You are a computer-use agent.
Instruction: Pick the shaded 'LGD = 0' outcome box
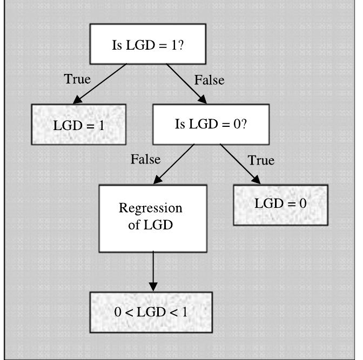[x=280, y=205]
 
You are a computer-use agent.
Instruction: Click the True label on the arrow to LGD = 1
[x=77, y=79]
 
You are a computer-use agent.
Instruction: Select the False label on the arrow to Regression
[x=145, y=159]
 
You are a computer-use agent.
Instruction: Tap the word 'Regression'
[x=151, y=208]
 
